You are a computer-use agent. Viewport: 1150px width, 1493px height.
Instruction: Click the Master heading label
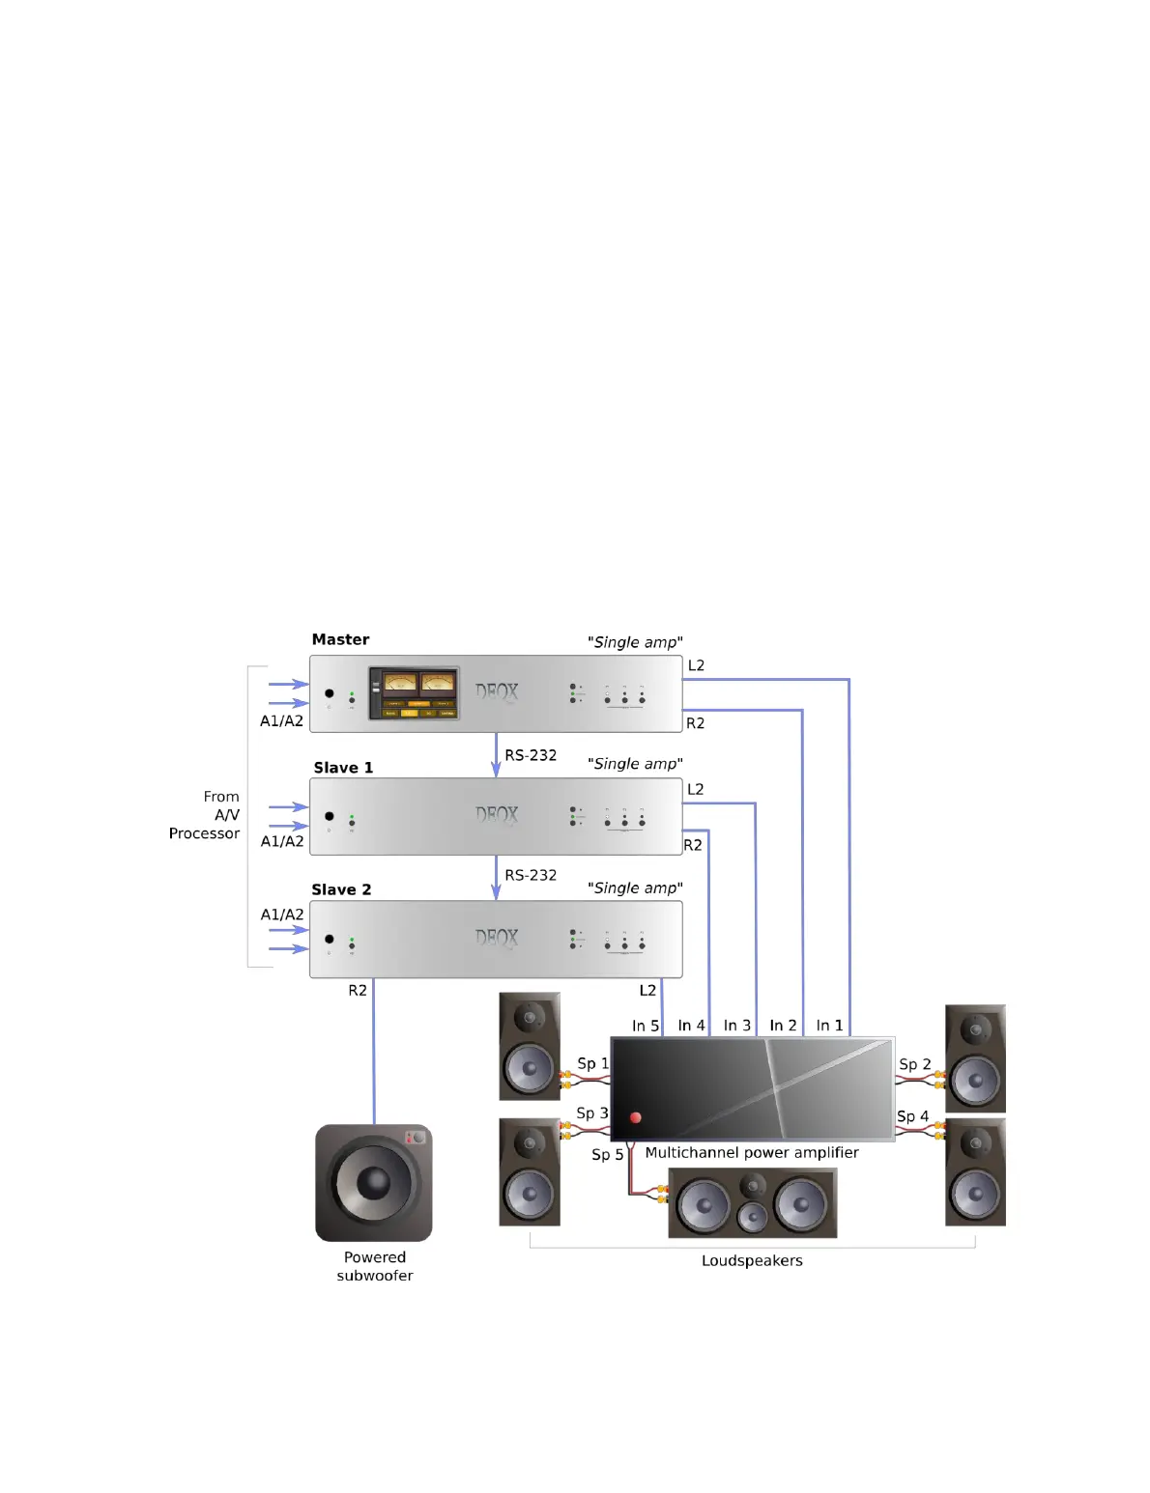click(340, 639)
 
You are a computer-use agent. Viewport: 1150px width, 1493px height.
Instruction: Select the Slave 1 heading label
click(343, 768)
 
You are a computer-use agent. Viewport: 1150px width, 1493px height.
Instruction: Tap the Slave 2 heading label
click(341, 889)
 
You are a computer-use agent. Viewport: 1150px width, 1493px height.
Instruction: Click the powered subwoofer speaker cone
click(373, 1182)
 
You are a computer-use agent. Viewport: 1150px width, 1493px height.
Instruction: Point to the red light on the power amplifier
click(636, 1117)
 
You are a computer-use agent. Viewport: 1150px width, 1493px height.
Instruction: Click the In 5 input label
click(645, 1026)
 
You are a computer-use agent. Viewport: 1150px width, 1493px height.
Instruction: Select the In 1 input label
click(829, 1026)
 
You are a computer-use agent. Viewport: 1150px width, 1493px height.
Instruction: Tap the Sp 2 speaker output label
click(914, 1064)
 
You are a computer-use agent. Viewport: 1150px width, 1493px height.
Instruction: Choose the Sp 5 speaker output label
click(607, 1155)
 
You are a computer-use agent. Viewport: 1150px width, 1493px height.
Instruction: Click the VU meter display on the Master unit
click(415, 692)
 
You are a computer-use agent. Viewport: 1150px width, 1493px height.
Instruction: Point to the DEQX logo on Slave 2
click(497, 938)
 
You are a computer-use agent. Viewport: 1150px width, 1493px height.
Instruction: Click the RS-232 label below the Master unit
click(531, 755)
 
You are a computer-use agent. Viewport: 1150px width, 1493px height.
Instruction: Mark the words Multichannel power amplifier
click(751, 1152)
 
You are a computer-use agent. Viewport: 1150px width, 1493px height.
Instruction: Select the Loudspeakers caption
click(752, 1260)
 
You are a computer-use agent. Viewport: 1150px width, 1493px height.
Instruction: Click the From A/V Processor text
click(205, 815)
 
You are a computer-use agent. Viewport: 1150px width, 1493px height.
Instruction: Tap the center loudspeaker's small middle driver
click(752, 1217)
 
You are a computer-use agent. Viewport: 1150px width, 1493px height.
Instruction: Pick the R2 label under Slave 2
click(358, 991)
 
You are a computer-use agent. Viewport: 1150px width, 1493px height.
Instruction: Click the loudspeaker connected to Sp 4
click(975, 1172)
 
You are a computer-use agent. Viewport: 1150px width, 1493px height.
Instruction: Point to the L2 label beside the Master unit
click(696, 665)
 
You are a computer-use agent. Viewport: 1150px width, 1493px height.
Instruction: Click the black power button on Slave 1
click(330, 816)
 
